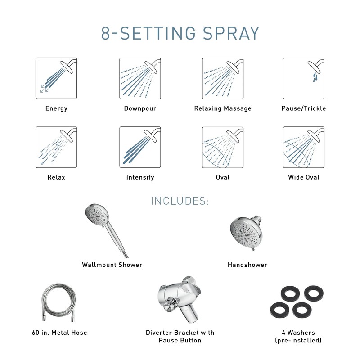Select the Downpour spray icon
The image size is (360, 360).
click(x=140, y=78)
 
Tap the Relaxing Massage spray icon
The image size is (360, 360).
click(x=223, y=78)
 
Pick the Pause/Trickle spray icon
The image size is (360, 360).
click(x=303, y=78)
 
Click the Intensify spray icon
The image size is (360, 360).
click(x=140, y=147)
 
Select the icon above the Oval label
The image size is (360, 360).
click(x=223, y=147)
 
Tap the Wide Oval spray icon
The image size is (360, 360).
click(x=303, y=147)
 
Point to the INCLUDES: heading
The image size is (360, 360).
click(x=180, y=201)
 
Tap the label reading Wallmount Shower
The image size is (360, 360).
click(x=112, y=265)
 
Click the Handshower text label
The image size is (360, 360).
click(x=247, y=265)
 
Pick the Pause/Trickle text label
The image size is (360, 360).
click(x=303, y=108)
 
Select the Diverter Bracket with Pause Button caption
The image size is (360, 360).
click(x=180, y=336)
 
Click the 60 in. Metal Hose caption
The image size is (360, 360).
click(x=57, y=333)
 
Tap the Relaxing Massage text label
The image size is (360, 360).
click(x=223, y=108)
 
